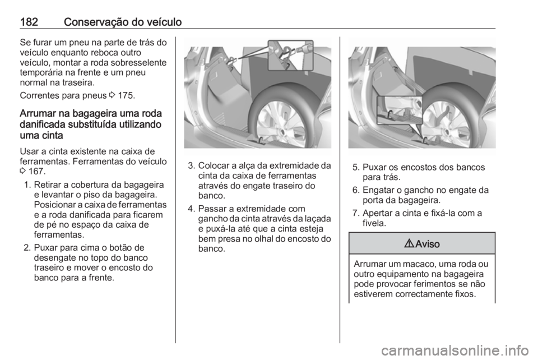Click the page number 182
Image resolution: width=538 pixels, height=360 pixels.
(x=29, y=22)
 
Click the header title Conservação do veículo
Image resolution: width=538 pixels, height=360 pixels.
(x=123, y=22)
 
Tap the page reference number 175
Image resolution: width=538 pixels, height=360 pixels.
(x=126, y=95)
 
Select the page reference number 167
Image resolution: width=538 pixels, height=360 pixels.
(x=36, y=170)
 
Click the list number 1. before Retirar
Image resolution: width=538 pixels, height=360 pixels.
(x=28, y=185)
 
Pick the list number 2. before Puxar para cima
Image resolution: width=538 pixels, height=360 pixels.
(x=28, y=248)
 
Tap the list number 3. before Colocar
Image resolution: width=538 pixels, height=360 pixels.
(x=192, y=166)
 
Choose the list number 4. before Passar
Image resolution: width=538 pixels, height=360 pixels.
(x=192, y=209)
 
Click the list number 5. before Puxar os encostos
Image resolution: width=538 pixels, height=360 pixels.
(x=356, y=168)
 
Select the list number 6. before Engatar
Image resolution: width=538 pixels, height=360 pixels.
(x=356, y=190)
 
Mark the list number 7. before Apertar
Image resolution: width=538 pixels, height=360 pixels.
(x=356, y=213)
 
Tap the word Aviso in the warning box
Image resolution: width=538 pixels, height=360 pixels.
(x=428, y=244)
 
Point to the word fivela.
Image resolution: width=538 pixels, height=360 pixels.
(x=374, y=223)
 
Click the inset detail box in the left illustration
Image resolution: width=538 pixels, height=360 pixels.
(x=291, y=56)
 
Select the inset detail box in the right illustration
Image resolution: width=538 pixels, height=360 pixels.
(x=400, y=110)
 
